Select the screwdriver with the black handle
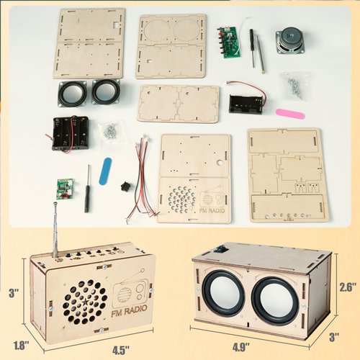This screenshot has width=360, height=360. (x=87, y=189)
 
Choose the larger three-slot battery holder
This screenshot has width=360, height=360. (x=71, y=132)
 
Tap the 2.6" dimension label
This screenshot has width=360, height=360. (x=348, y=287)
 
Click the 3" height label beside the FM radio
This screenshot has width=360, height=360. (x=12, y=293)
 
